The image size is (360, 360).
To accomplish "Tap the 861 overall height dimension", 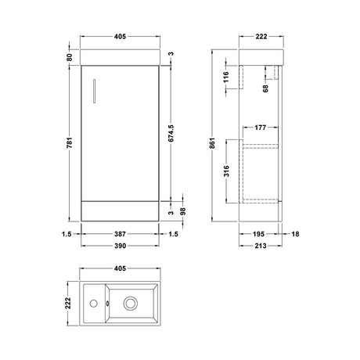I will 214,144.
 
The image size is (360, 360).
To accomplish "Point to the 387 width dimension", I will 121,233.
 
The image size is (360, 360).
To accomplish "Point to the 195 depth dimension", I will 262,233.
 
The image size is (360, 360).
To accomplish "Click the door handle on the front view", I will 92,88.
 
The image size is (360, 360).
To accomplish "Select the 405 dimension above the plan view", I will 121,268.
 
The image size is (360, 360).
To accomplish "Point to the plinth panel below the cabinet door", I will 121,211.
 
